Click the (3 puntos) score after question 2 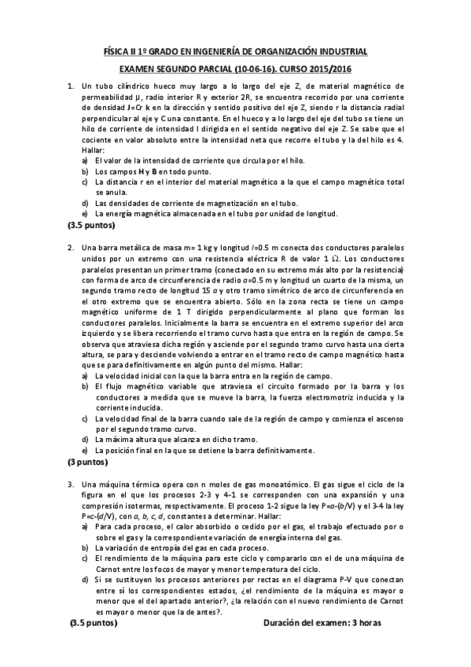(x=90, y=462)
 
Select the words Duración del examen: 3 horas (x=323, y=622)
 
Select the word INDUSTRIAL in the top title (x=342, y=51)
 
